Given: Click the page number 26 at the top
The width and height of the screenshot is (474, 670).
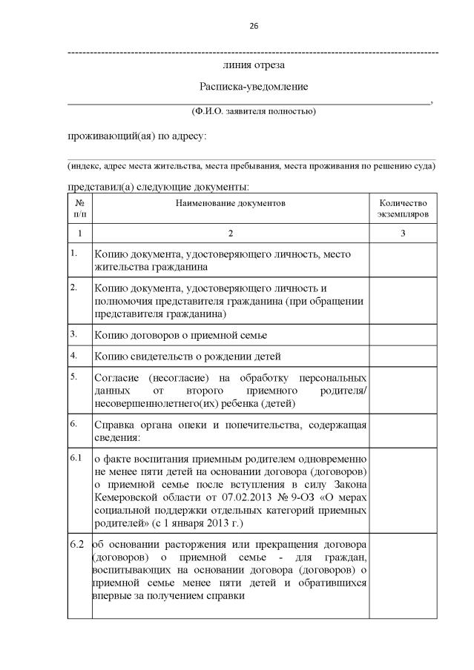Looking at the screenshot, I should click(x=254, y=26).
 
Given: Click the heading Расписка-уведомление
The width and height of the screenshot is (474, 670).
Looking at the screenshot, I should click(x=253, y=87).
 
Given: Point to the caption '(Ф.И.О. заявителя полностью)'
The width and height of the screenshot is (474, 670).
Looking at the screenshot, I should click(x=253, y=111).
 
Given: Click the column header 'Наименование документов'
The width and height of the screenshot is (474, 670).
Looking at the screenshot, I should click(x=230, y=202).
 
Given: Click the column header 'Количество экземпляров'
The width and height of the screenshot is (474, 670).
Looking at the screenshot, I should click(x=403, y=208).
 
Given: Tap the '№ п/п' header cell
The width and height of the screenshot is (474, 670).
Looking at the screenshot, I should click(x=79, y=208).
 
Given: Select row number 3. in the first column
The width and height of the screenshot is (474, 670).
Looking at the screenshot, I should click(x=74, y=334).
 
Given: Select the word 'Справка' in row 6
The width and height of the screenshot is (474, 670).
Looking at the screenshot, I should click(x=116, y=425).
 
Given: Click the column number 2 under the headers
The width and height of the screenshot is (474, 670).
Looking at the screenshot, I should click(x=230, y=233).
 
